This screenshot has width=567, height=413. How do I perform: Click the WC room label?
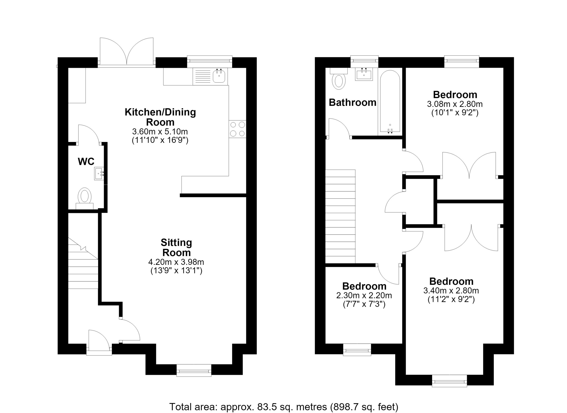86,162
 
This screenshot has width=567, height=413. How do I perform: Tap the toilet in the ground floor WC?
85,199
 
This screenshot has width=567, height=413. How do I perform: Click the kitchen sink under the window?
219,76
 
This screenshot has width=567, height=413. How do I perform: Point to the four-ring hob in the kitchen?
237,129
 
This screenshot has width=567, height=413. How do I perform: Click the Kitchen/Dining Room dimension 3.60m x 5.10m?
160,131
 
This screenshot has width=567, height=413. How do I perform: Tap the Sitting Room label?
176,247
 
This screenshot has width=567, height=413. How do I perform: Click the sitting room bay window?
194,370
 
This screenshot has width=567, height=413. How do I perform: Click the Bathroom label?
353,102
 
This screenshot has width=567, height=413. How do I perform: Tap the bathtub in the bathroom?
390,101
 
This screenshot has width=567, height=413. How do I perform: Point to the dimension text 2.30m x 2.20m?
364,296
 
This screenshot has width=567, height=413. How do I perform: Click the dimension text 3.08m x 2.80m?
455,104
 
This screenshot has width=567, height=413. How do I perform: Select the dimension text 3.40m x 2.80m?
451,291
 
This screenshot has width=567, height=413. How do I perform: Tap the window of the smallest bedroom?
357,350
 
